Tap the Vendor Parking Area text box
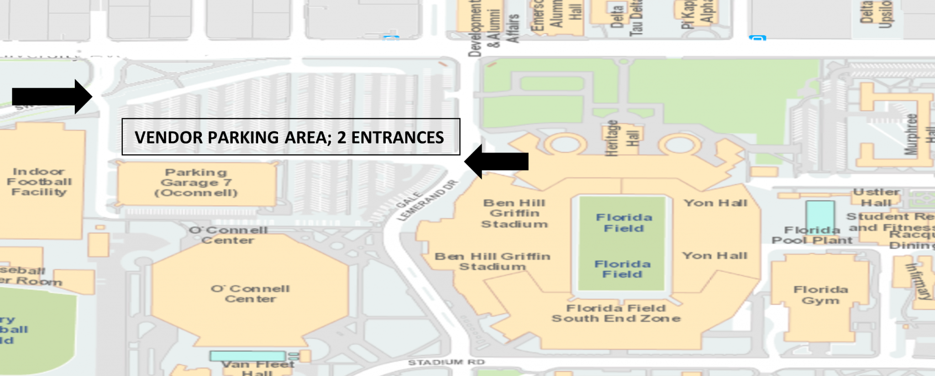pyautogui.click(x=290, y=137)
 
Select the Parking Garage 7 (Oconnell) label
pyautogui.click(x=196, y=183)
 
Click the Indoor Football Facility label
pyautogui.click(x=39, y=182)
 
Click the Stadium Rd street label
pyautogui.click(x=446, y=362)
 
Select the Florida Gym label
pyautogui.click(x=820, y=295)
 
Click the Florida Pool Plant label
pyautogui.click(x=812, y=235)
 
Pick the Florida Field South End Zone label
pyautogui.click(x=616, y=313)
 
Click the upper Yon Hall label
pyautogui.click(x=715, y=203)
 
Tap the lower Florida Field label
pyautogui.click(x=622, y=269)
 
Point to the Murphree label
pyautogui.click(x=911, y=134)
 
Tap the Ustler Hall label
pyautogui.click(x=876, y=197)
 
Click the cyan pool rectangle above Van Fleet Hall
pyautogui.click(x=247, y=356)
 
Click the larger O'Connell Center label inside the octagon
pyautogui.click(x=250, y=294)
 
